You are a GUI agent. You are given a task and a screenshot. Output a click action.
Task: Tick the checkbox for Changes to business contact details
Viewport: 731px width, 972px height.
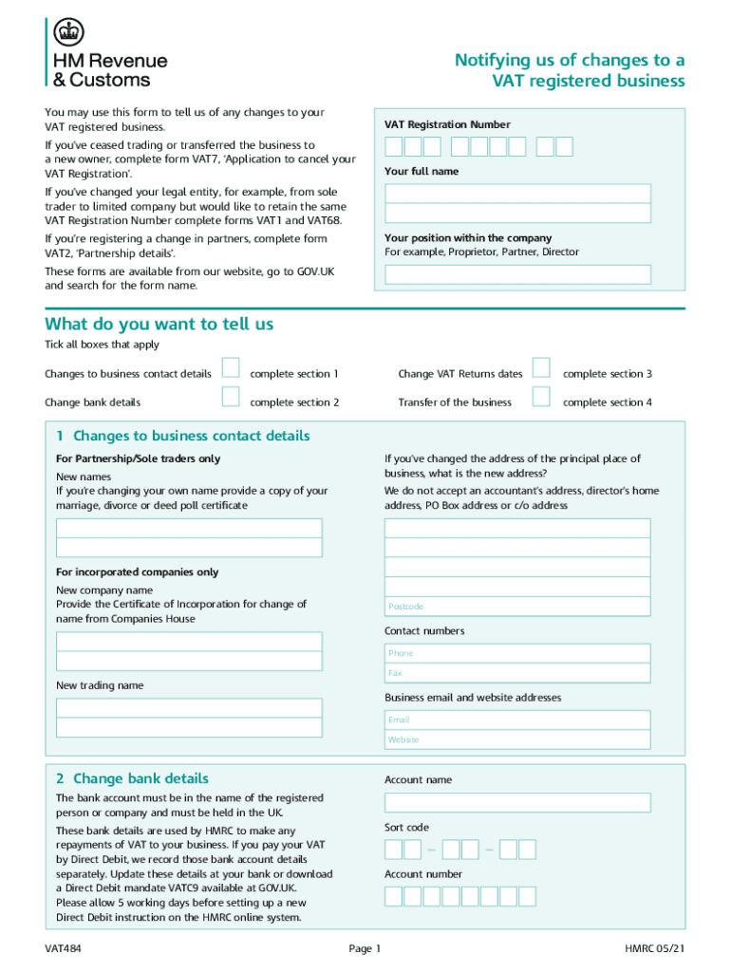(x=231, y=367)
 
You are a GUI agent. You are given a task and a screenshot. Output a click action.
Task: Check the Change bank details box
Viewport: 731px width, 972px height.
(x=231, y=397)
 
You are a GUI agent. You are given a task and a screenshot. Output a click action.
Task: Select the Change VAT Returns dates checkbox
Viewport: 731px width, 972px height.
(x=541, y=367)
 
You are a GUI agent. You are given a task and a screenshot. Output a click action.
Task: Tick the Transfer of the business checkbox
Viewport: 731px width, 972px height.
(x=541, y=397)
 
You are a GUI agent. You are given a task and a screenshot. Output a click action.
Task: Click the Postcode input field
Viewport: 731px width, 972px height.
(x=517, y=606)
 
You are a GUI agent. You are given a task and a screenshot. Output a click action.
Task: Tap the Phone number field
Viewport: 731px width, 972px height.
(x=517, y=653)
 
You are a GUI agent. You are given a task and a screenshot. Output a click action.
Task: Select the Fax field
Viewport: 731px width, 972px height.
(x=517, y=673)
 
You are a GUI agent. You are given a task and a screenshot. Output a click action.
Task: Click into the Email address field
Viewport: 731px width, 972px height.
(x=517, y=720)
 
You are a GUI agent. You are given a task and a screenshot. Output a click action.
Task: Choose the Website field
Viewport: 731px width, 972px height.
(x=517, y=739)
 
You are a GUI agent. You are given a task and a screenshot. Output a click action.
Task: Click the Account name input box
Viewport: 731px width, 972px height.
(x=517, y=802)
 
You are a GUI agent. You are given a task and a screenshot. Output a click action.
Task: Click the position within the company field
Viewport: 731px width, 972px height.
(x=517, y=274)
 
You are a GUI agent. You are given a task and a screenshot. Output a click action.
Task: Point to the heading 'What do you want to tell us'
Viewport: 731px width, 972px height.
(x=159, y=324)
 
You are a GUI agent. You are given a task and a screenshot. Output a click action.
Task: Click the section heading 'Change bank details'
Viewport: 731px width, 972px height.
(x=141, y=778)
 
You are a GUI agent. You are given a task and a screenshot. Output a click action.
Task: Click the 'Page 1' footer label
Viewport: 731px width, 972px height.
(x=365, y=948)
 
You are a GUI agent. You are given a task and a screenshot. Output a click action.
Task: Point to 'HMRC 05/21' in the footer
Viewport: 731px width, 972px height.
(x=655, y=948)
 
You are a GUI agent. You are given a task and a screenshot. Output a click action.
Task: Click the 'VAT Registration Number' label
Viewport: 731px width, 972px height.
(x=447, y=124)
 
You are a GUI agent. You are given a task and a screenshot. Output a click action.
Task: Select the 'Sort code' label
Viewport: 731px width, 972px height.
(x=406, y=827)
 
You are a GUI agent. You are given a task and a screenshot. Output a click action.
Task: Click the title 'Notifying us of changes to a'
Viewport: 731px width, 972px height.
(x=570, y=61)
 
